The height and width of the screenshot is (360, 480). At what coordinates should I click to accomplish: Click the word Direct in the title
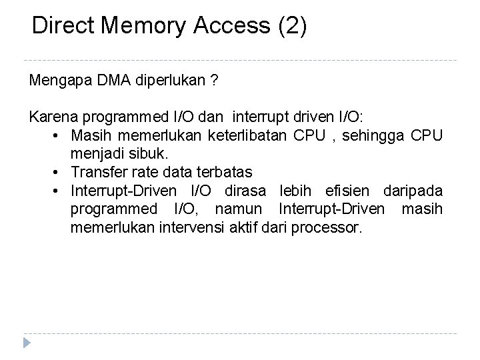point(64,26)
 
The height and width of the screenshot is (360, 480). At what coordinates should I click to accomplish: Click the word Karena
point(50,117)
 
